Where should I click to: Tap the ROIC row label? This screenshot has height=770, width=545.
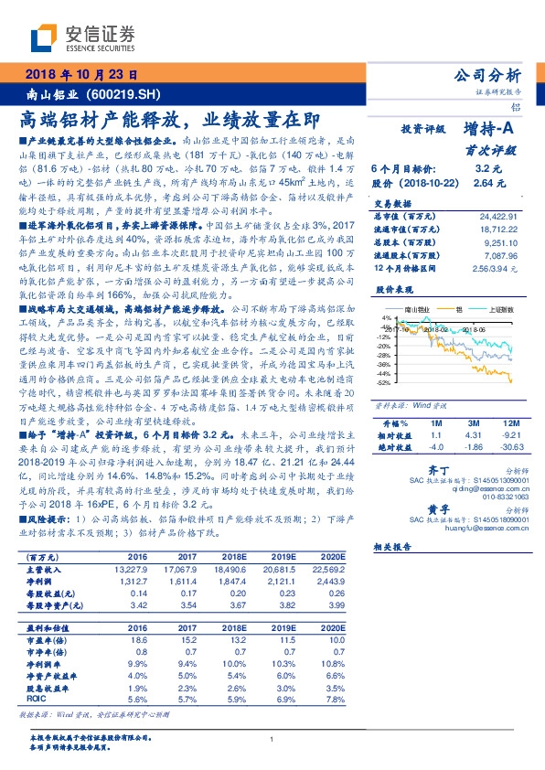(x=38, y=698)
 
